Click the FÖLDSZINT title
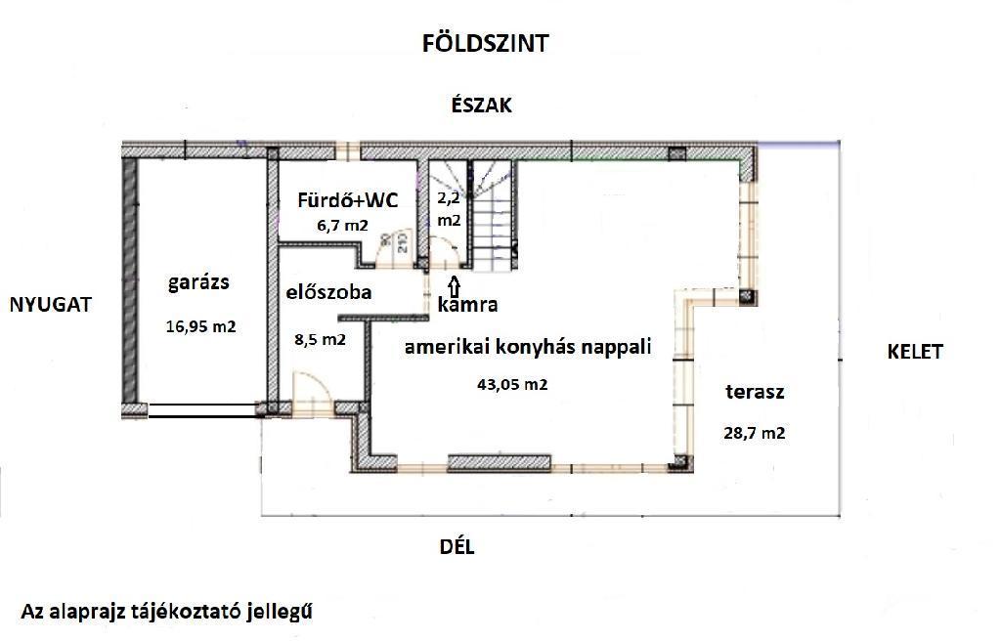485,43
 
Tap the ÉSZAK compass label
481,105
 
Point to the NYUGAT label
51,305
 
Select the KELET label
915,352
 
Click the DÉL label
457,546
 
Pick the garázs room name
198,282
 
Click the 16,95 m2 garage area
201,327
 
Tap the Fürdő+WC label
347,200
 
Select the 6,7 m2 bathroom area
343,225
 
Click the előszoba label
328,292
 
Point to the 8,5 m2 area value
320,339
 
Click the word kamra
467,304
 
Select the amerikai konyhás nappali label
528,347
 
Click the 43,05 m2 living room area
512,384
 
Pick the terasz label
755,392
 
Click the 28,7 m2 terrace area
755,433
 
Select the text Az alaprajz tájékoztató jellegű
167,611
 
